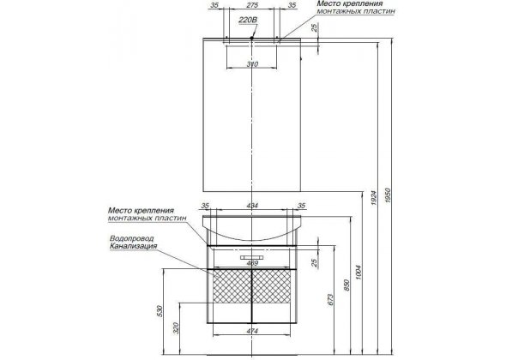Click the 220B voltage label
point(248,21)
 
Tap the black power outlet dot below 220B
point(252,38)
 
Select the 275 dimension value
point(252,5)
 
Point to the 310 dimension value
point(252,64)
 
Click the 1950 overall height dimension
point(388,195)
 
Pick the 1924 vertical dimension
point(374,198)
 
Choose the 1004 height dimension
point(359,273)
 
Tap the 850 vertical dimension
point(346,285)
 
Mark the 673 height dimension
point(330,299)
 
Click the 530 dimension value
point(160,311)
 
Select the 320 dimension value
point(176,328)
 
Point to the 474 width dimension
point(252,331)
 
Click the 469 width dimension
point(252,263)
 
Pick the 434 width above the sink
point(252,206)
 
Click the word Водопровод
point(132,238)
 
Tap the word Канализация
point(133,246)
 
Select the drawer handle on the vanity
point(252,257)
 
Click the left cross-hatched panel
point(232,286)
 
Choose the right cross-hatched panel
point(271,286)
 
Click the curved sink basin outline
point(252,240)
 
